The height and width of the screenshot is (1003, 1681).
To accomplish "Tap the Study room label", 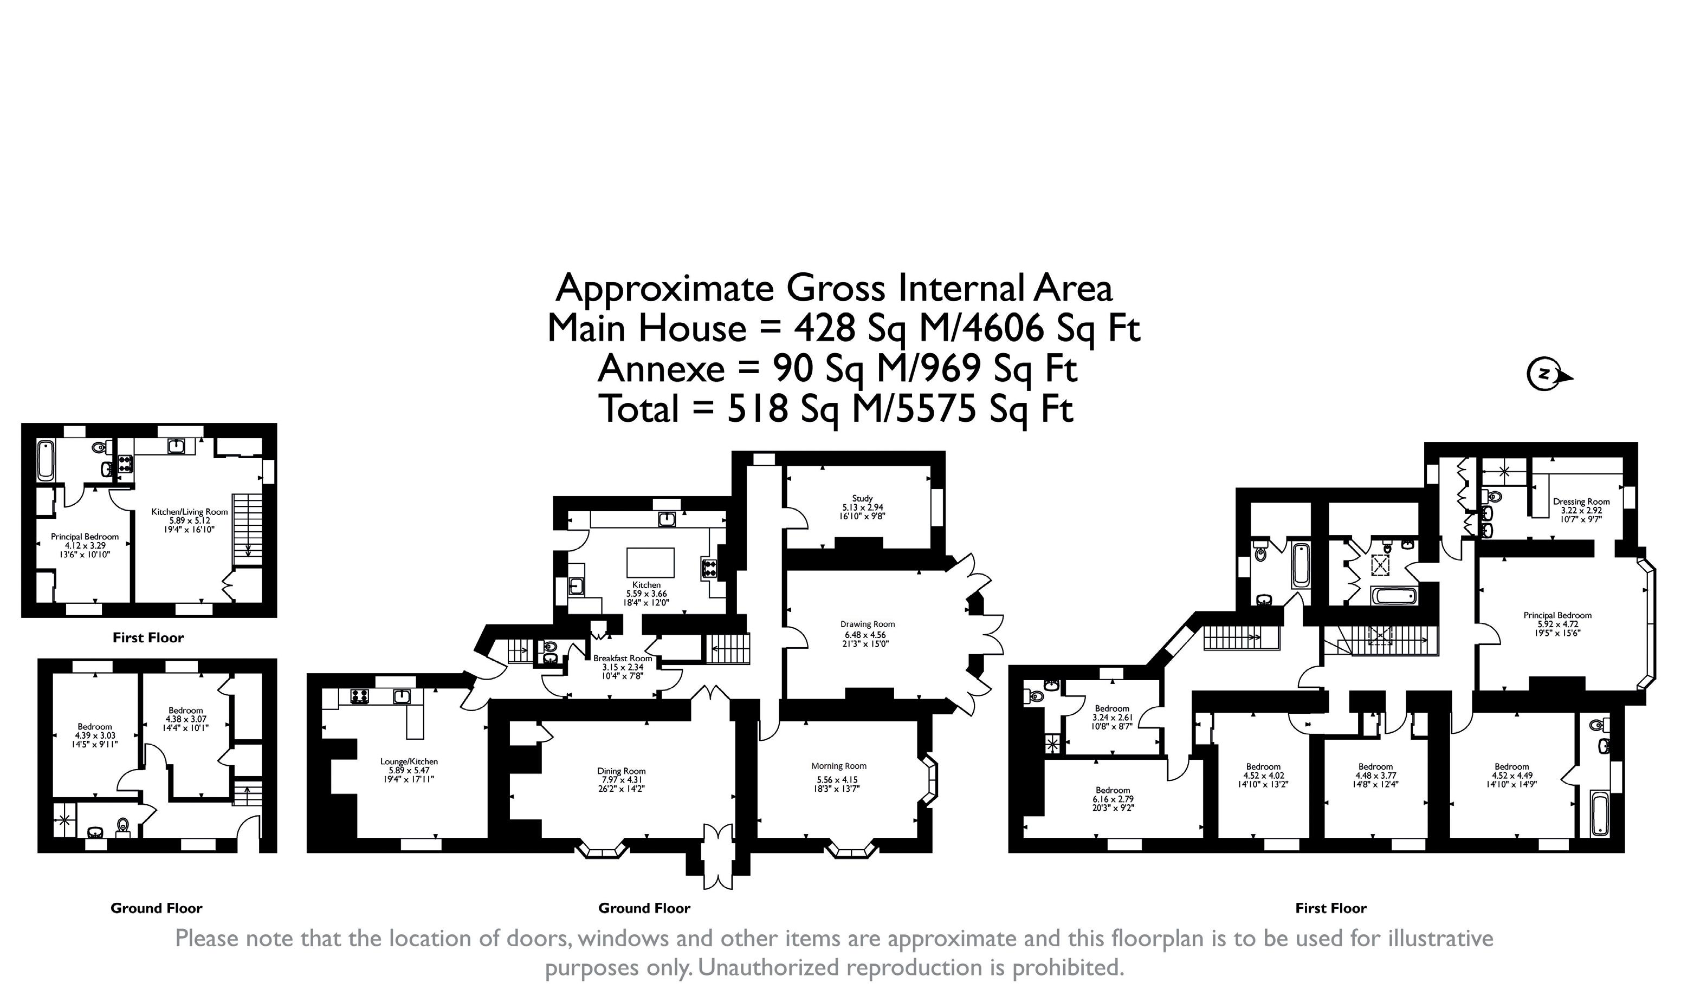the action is click(x=862, y=498).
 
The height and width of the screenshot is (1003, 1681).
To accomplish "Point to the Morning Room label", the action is click(x=838, y=766).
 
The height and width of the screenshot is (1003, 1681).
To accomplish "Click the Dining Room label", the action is click(x=622, y=771).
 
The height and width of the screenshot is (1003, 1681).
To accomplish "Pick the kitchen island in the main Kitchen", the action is click(x=650, y=562).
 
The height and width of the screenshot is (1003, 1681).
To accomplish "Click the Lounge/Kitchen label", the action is click(x=409, y=761).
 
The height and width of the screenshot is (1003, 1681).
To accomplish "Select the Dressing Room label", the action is click(x=1581, y=502).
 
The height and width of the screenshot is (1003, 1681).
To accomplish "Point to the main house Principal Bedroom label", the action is click(x=1557, y=615).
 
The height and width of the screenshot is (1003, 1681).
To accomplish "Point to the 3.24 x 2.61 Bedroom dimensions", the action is click(x=1111, y=717).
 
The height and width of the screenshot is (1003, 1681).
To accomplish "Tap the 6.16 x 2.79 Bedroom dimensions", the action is click(x=1113, y=799).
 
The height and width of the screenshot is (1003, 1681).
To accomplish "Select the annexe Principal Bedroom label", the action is click(x=85, y=537).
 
